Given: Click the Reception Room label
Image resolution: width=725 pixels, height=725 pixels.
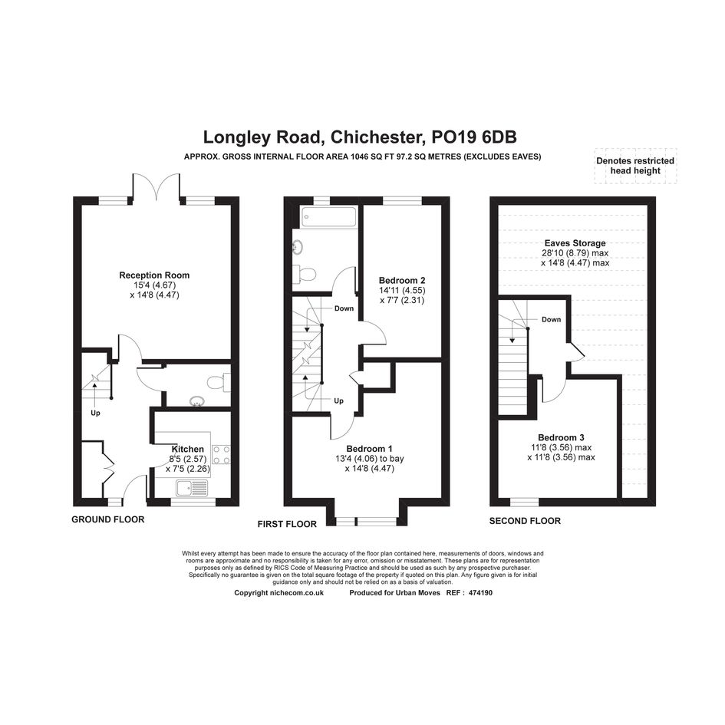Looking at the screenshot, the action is click(x=154, y=275).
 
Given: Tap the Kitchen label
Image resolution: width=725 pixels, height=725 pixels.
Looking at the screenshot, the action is click(x=188, y=449).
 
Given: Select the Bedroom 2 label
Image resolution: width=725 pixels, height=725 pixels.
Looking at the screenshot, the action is click(x=402, y=280).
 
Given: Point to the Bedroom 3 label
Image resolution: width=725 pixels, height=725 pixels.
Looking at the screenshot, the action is click(x=561, y=437).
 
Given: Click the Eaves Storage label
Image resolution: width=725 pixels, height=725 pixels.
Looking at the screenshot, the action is click(x=575, y=243).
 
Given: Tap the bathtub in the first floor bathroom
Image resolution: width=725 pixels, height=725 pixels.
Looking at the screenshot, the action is click(x=329, y=217).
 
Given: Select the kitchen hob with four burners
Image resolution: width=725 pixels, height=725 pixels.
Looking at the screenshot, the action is click(x=222, y=454).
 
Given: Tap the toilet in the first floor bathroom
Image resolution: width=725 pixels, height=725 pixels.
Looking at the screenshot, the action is click(x=305, y=274).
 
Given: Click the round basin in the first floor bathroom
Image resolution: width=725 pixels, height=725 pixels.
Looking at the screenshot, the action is click(x=298, y=249).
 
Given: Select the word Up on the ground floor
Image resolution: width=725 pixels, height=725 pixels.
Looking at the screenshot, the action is click(x=95, y=413).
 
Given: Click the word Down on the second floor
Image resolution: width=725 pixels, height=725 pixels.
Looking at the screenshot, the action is click(x=551, y=319).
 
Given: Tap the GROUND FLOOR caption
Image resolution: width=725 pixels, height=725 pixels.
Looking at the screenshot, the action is click(x=107, y=519).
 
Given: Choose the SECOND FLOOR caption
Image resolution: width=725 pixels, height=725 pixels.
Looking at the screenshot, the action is click(x=525, y=521).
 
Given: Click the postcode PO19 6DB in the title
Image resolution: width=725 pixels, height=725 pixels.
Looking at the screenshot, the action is click(x=474, y=137).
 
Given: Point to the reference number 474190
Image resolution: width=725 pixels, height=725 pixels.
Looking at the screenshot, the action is click(x=481, y=593).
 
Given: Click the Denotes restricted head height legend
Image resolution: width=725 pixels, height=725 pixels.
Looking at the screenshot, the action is click(x=635, y=166).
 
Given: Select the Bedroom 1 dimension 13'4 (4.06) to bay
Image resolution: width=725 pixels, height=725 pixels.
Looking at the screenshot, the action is click(x=370, y=459).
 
